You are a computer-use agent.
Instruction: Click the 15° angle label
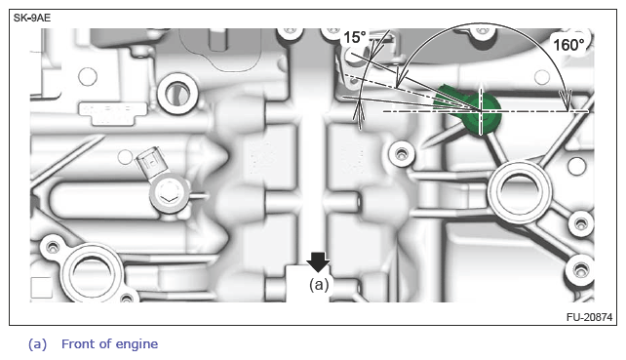[355, 37]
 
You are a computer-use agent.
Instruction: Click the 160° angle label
[568, 45]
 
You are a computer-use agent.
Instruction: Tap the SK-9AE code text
[32, 18]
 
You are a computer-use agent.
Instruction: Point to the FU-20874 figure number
[589, 317]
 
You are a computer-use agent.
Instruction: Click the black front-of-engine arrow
[318, 262]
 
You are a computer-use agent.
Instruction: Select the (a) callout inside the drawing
[319, 285]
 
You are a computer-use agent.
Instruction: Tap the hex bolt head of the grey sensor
[168, 194]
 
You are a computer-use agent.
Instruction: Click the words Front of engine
[109, 343]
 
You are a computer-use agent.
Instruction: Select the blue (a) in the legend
[37, 344]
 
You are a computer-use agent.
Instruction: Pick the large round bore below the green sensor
[520, 191]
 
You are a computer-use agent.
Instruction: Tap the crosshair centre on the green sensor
[481, 110]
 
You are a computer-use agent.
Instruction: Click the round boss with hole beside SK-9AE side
[177, 94]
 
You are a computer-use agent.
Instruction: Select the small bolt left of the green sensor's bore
[401, 153]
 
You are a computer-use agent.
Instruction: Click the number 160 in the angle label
[565, 45]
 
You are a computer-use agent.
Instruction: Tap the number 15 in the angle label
[351, 38]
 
